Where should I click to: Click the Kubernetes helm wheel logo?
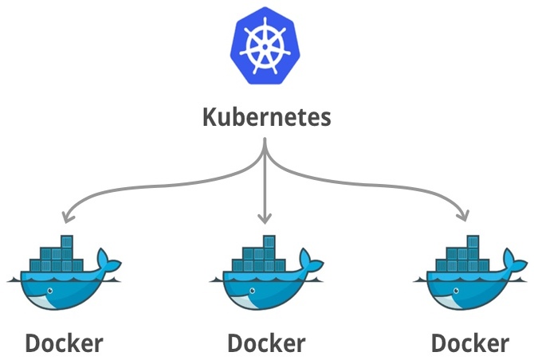click(265, 46)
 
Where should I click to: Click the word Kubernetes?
click(265, 118)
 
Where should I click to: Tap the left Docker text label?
click(64, 343)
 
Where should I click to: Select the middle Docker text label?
click(266, 343)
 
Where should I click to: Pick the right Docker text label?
click(469, 343)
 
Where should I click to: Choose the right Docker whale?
click(469, 279)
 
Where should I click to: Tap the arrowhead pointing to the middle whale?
click(265, 217)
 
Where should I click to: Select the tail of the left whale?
click(107, 260)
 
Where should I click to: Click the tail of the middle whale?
click(310, 260)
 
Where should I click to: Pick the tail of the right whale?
click(513, 260)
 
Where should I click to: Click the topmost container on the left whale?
click(66, 241)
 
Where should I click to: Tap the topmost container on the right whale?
click(473, 241)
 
